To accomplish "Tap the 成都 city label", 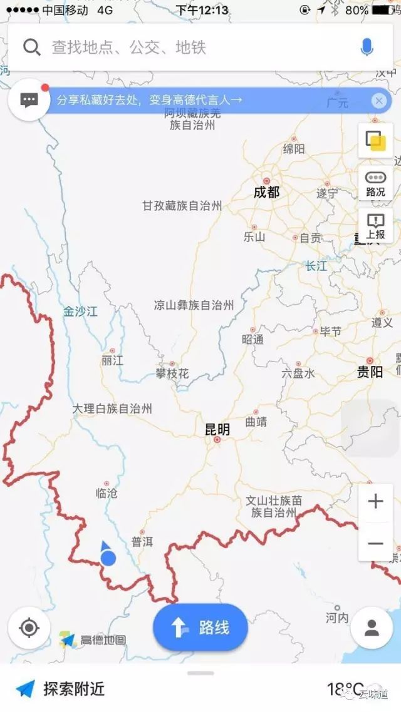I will (x=266, y=192).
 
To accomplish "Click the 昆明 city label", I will (x=217, y=430).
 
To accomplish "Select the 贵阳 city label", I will (x=370, y=372).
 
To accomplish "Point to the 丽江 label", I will (x=112, y=360).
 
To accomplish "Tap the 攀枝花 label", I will (x=172, y=374).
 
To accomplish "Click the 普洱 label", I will (x=142, y=542).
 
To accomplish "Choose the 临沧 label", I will (x=107, y=493).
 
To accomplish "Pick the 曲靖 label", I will (x=256, y=422).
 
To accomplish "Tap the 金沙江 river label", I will (x=80, y=311).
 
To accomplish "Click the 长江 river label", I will (x=316, y=266).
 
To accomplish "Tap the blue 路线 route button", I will (x=200, y=628).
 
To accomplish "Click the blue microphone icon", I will (x=367, y=47).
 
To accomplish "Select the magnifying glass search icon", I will (x=32, y=47).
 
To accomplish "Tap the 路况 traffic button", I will (x=375, y=183).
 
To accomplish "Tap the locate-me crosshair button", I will (x=29, y=628).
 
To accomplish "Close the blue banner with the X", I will (x=378, y=100).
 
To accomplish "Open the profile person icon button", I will (x=372, y=628).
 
